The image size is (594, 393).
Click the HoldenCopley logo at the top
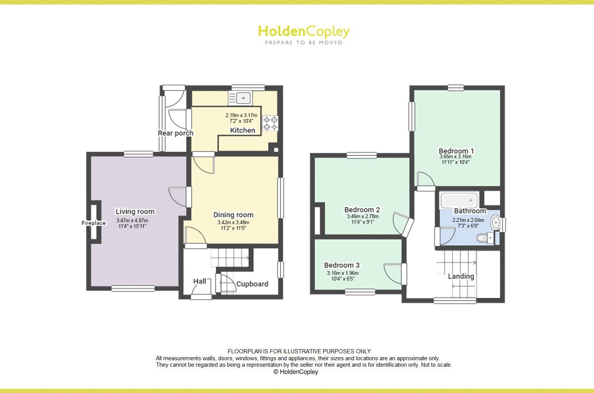(x=304, y=31)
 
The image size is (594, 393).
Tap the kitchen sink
(x=243, y=98)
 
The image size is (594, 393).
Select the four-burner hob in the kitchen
(x=270, y=123)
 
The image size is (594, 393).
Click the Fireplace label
(x=93, y=223)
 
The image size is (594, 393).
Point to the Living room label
(x=135, y=212)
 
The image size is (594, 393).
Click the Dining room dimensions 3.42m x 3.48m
(x=233, y=223)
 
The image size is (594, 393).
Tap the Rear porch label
(x=175, y=133)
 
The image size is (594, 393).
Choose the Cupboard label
(x=252, y=284)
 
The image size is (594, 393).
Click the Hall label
(x=200, y=281)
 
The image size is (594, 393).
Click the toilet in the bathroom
(x=485, y=239)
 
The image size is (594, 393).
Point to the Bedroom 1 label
(x=456, y=151)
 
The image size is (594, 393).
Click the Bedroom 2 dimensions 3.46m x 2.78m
(x=362, y=217)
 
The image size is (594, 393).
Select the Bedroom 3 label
(x=342, y=265)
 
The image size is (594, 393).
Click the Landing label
(x=461, y=276)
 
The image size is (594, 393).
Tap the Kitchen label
(x=242, y=130)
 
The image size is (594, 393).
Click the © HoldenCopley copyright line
(x=296, y=372)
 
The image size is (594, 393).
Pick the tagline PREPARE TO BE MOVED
(x=304, y=43)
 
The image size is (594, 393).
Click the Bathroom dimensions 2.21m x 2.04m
(x=468, y=220)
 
